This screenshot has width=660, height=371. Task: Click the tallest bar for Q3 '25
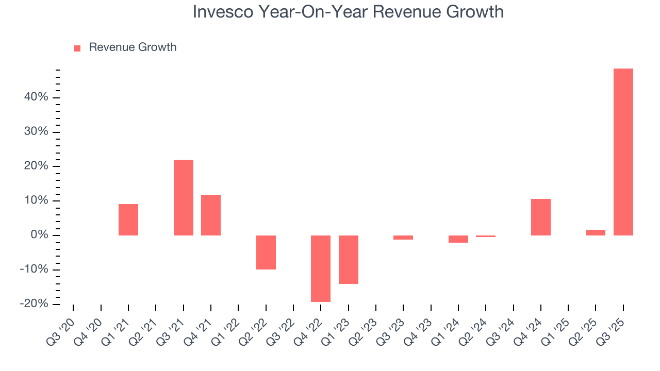point(623,152)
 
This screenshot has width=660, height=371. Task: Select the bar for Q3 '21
point(183,197)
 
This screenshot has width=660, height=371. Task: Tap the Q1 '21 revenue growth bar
point(128,220)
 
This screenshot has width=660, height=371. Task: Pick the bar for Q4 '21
point(211,215)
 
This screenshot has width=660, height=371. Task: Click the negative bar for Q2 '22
point(266,252)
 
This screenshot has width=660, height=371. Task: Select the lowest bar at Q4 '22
point(321,268)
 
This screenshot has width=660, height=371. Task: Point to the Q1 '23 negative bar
point(348,260)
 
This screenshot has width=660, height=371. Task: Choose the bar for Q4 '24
point(540,217)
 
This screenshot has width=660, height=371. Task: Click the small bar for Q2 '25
point(596,232)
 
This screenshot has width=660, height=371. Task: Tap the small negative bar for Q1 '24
point(458,239)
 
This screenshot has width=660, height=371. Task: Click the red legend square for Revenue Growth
point(77,48)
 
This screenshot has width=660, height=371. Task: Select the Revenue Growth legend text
point(133,47)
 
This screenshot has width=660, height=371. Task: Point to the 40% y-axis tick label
point(36,97)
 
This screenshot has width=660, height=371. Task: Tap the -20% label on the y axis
point(34,304)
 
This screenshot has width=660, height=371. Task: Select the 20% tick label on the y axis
point(36,166)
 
